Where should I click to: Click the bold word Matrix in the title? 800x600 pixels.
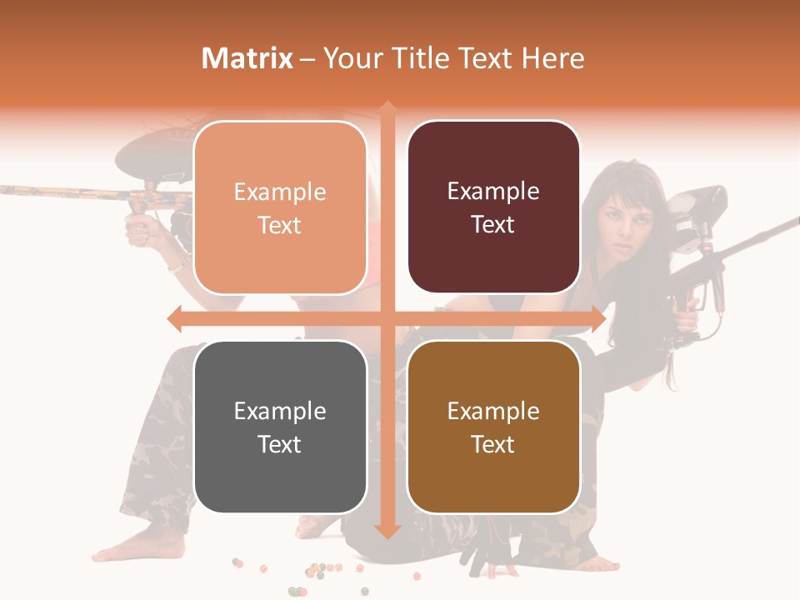247,58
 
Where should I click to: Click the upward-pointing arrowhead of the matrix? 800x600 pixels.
387,107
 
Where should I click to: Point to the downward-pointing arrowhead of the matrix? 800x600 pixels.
387,531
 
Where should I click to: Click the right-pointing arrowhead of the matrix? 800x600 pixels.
598,318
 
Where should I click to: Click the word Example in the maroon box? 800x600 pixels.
493,192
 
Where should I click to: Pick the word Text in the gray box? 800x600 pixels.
280,444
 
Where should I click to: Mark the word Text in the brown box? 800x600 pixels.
493,444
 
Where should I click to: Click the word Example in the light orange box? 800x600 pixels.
280,192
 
